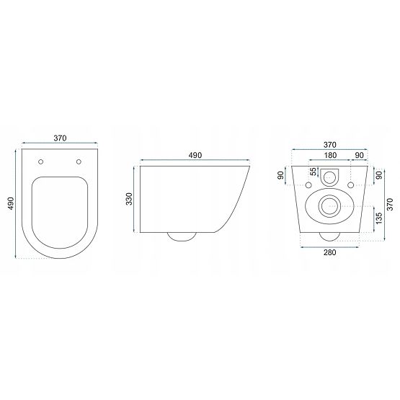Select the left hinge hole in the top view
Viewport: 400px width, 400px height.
click(42, 162)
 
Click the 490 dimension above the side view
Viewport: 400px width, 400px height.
click(195, 156)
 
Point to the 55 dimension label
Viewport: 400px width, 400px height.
click(312, 173)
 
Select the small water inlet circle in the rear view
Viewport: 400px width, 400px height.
click(332, 174)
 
